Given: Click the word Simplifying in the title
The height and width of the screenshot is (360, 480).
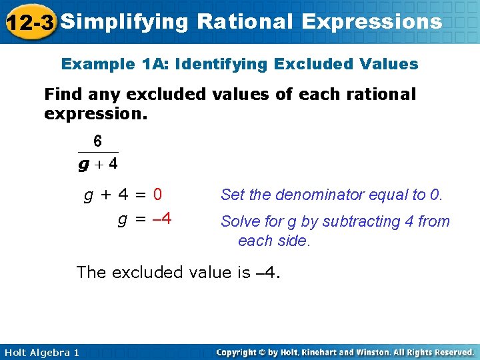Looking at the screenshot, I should coord(125,22).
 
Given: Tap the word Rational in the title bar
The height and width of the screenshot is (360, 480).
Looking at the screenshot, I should coord(245,22).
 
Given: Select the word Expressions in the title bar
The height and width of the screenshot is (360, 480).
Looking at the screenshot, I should coord(371,22).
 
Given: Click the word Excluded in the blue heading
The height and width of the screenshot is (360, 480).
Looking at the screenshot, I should coord(309,65).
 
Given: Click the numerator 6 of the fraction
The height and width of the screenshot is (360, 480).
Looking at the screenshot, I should coord(98,141).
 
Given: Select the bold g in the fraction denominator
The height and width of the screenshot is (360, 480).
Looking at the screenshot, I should coord(84,163).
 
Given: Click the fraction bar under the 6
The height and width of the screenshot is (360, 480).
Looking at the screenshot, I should coord(98,152).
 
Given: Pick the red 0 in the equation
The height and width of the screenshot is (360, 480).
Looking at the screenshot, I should coord(157,195).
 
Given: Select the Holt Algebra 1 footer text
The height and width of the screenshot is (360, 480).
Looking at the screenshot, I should coord(41,352).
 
